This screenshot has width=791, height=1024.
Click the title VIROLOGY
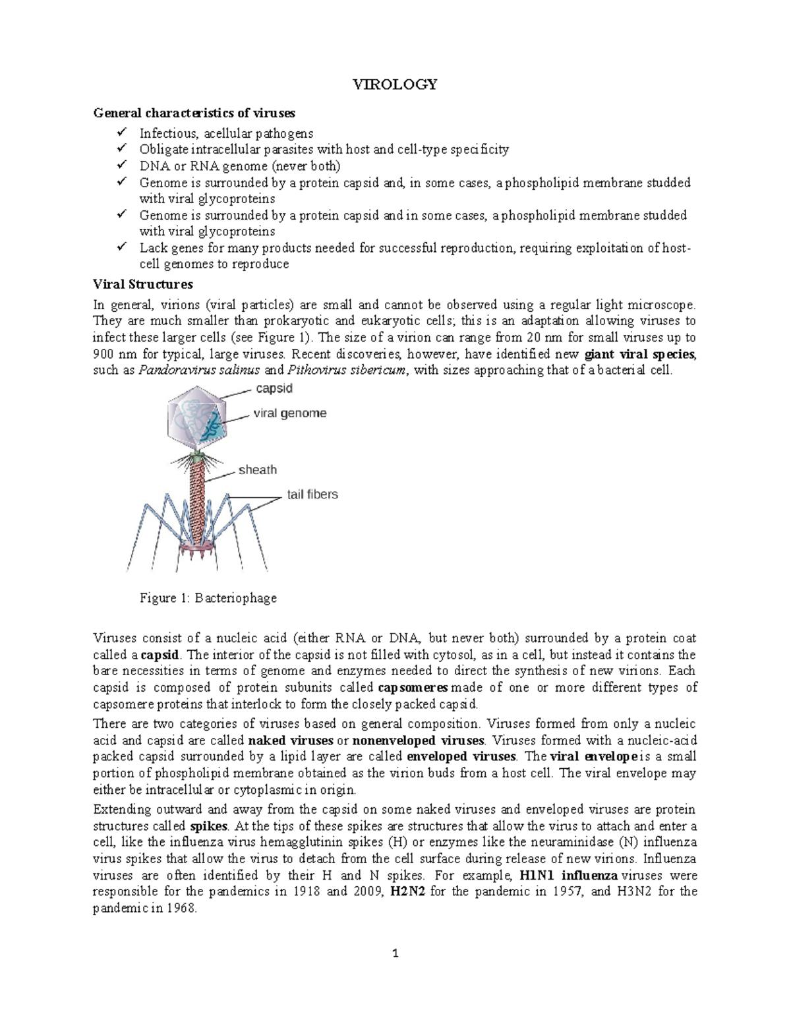pyautogui.click(x=395, y=84)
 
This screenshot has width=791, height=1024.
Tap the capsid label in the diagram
pyautogui.click(x=274, y=388)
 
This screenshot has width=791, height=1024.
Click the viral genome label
pyautogui.click(x=290, y=413)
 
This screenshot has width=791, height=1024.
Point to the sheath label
pyautogui.click(x=257, y=470)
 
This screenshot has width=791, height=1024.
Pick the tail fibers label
pyautogui.click(x=312, y=494)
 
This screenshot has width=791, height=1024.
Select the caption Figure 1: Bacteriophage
pyautogui.click(x=208, y=598)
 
